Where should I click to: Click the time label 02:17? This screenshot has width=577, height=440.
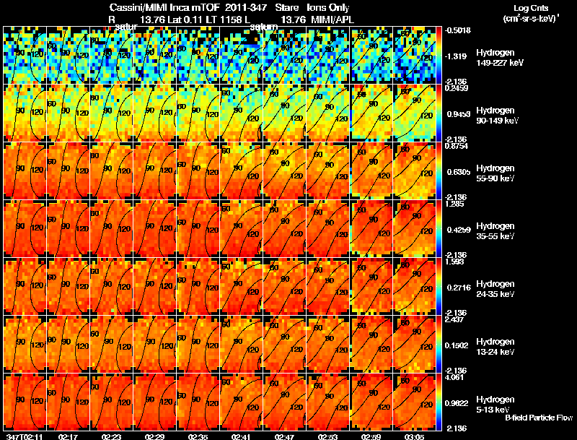[x=68, y=436]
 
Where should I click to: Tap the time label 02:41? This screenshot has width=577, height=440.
[x=241, y=436]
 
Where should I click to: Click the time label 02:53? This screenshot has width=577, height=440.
[x=327, y=436]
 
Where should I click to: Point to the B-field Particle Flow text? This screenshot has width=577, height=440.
[x=539, y=418]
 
